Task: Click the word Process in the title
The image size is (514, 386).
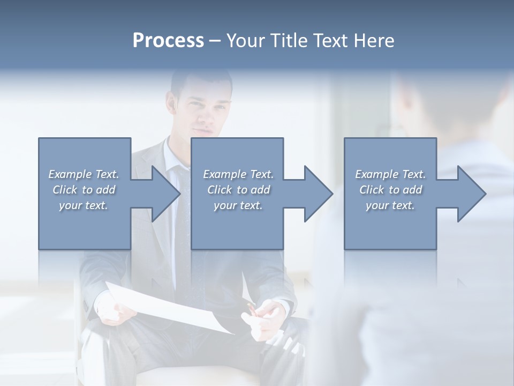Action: [168, 41]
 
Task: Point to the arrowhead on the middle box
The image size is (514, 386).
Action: [318, 194]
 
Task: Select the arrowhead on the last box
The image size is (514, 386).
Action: [471, 194]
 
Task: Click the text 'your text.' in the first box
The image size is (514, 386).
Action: [84, 205]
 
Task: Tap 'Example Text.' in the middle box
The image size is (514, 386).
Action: [238, 174]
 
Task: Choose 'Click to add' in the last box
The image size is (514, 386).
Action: [390, 190]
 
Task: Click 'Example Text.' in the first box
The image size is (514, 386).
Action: [84, 174]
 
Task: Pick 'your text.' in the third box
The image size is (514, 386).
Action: [390, 205]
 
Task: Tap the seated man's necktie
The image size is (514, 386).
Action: [182, 225]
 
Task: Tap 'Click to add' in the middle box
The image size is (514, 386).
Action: [238, 190]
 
